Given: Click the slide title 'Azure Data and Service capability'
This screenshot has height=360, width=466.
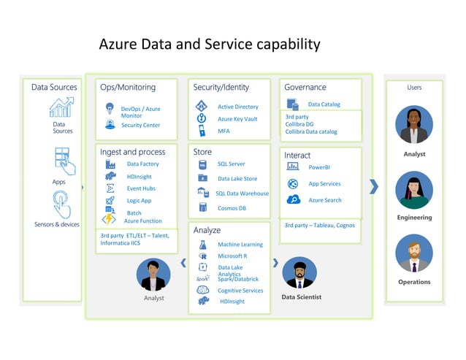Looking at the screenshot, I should point(209,45).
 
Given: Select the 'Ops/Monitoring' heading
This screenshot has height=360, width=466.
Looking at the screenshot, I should point(128,88).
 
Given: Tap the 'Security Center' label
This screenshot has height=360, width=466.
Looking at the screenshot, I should point(140,126).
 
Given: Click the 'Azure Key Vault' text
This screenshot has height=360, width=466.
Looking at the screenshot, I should point(237,119).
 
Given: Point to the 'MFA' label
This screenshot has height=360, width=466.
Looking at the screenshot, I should point(224,131).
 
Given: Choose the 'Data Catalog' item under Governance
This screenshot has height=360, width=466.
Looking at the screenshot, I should point(324,104).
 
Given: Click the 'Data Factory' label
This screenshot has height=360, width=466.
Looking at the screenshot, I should point(142,164).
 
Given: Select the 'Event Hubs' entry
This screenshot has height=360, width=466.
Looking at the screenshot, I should point(141,188).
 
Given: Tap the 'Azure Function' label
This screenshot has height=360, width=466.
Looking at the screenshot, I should point(143,221).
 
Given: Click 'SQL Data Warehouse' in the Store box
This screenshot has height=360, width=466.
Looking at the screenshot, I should point(242,194).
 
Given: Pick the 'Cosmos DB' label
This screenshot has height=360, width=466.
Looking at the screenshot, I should point(232,208).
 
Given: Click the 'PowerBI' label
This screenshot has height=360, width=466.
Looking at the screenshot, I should point(319,168).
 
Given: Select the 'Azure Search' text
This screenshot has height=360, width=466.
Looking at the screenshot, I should point(325,200).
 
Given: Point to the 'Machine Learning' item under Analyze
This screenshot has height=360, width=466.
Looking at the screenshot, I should point(240,245).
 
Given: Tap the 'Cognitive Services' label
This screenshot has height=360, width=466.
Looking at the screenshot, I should point(240,291).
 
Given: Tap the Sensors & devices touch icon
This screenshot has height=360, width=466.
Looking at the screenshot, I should point(61,204).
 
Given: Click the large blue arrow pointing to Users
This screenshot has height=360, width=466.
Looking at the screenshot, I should point(375,187).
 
